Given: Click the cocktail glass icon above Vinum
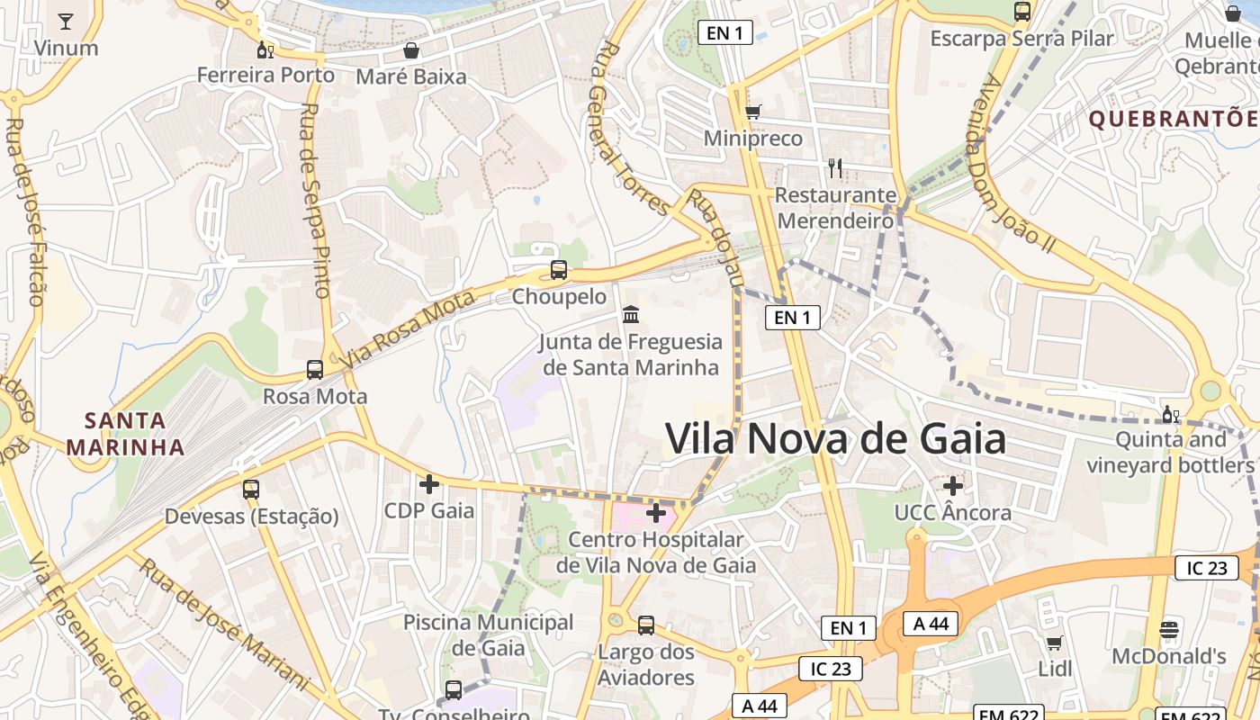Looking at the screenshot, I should click(66, 21).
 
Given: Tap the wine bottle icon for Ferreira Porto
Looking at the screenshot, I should click(265, 49).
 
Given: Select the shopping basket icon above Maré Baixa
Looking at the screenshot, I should click(411, 50).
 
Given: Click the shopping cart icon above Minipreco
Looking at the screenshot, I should click(753, 112).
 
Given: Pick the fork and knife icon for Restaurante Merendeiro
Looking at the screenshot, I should click(835, 167).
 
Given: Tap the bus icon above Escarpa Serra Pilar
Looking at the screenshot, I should click(1021, 12).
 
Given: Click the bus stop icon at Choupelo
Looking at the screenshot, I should click(559, 269).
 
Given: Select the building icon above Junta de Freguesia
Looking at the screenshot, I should click(631, 315).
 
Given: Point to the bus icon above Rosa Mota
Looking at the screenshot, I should click(315, 369).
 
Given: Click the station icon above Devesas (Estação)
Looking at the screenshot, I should click(251, 490).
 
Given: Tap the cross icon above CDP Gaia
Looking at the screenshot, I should click(429, 484).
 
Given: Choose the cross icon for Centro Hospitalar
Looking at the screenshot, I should click(656, 513).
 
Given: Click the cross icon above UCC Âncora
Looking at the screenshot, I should click(953, 486).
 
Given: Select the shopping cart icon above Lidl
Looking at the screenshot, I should click(1055, 643).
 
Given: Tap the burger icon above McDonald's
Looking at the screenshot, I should click(1169, 629).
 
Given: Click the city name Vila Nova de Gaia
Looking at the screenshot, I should click(835, 439).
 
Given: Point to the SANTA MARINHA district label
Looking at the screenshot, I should click(125, 433).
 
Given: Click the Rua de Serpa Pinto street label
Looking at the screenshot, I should click(314, 200).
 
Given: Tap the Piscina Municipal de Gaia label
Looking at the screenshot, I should click(488, 634).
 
